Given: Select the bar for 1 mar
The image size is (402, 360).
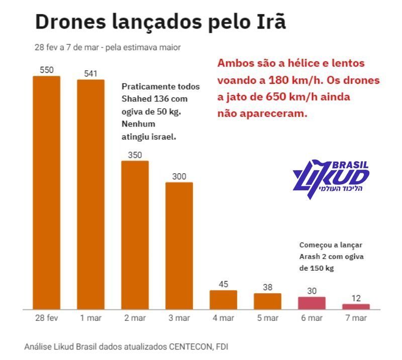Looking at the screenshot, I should click(x=90, y=194).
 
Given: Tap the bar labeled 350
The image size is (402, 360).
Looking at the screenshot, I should click(x=135, y=234).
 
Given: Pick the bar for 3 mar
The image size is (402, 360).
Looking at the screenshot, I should click(x=179, y=246).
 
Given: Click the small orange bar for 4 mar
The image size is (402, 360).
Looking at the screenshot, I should click(x=223, y=299).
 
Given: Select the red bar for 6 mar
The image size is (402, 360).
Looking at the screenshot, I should click(x=312, y=303).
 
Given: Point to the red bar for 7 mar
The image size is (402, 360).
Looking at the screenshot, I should click(x=356, y=306).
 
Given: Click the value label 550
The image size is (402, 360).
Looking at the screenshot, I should click(x=47, y=70).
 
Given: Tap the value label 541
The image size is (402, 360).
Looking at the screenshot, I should click(x=90, y=74).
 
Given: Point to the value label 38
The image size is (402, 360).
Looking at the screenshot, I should click(x=267, y=288).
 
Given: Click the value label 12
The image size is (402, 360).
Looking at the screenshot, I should click(x=356, y=298).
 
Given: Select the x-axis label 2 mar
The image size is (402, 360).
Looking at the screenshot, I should click(x=135, y=318).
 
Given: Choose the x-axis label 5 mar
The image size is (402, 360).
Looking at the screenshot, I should click(x=267, y=318).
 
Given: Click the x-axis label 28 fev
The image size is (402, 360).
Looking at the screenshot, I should click(x=47, y=318).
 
